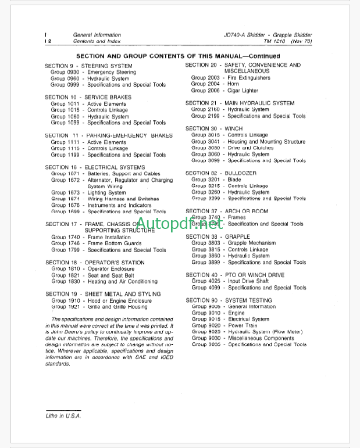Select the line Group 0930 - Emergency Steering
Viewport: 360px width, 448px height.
[92, 72]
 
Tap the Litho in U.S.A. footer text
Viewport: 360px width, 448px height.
[64, 416]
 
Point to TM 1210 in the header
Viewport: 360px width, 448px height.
[276, 42]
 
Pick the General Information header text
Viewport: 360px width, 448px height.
[97, 35]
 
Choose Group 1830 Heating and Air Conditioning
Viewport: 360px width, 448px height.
[104, 282]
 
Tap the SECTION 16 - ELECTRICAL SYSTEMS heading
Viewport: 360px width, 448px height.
[95, 167]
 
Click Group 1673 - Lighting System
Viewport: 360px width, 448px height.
[88, 192]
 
